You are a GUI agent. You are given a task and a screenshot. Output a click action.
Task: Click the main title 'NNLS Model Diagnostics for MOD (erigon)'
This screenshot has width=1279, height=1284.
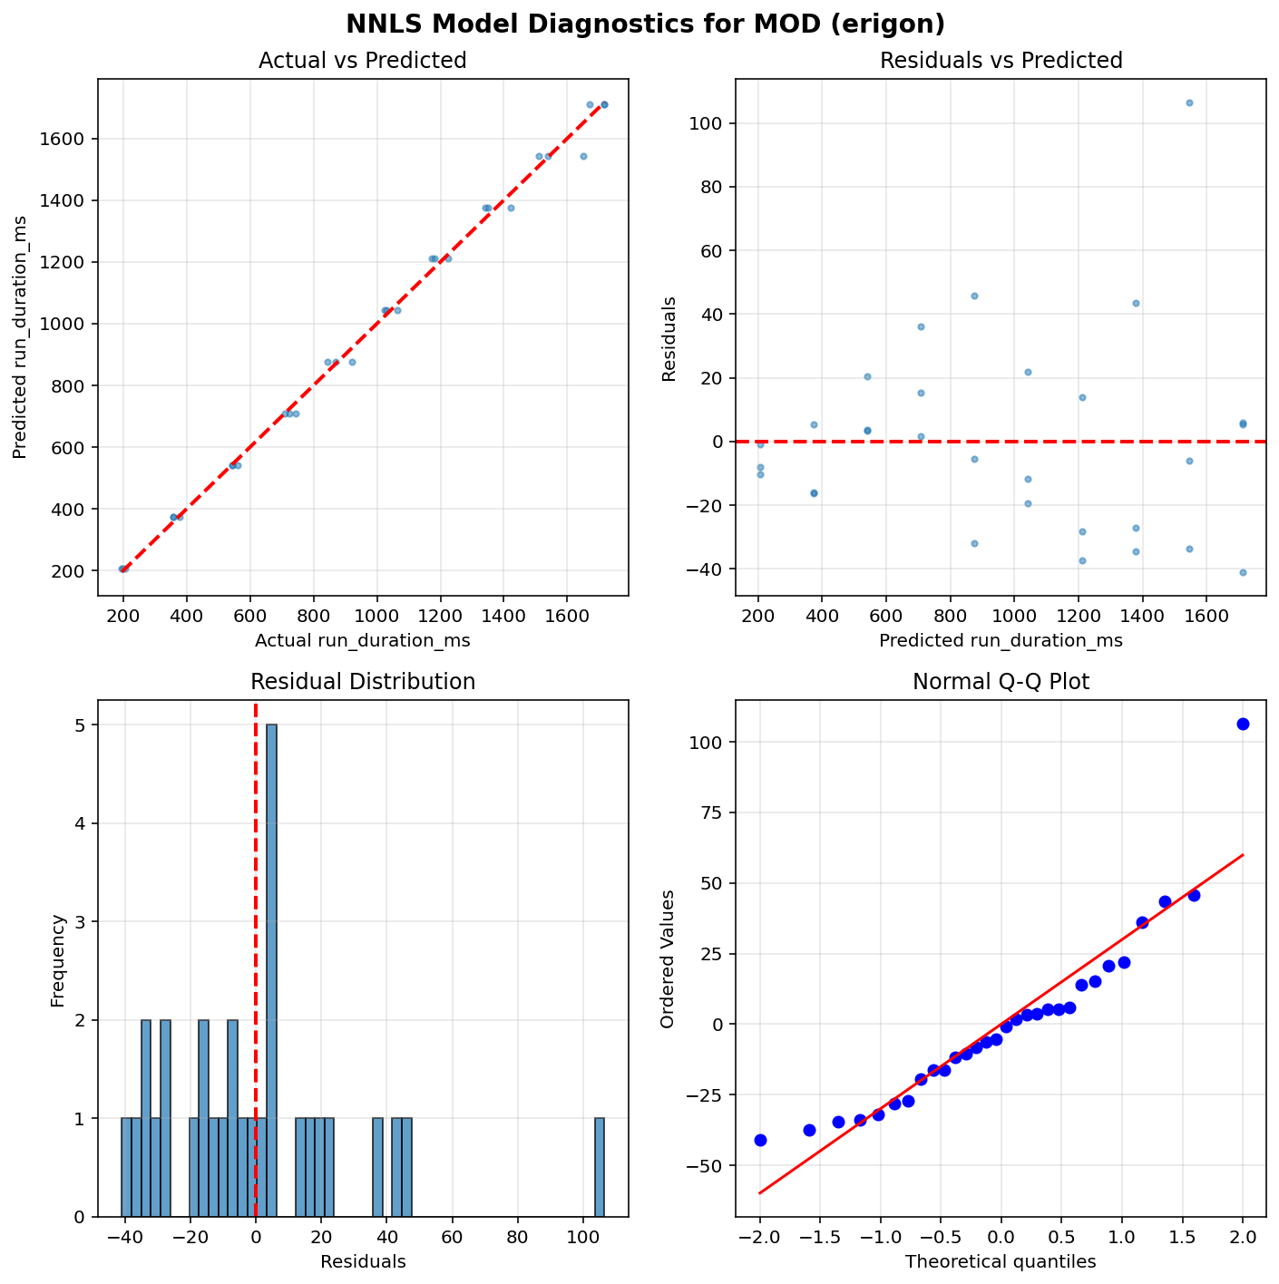click(x=639, y=24)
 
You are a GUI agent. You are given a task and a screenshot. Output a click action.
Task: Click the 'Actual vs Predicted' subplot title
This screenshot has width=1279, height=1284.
click(x=362, y=61)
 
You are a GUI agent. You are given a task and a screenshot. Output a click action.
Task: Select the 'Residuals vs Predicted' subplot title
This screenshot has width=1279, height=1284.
click(x=1001, y=61)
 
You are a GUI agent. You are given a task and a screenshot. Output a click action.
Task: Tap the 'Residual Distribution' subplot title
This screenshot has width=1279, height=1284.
click(x=362, y=682)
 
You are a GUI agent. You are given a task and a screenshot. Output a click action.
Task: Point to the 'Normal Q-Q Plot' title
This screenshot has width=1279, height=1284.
click(x=1001, y=682)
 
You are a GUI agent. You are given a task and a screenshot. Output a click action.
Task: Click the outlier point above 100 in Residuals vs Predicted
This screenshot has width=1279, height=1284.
click(x=1189, y=102)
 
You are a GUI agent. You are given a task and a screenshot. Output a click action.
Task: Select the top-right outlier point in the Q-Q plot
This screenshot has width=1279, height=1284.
click(x=1243, y=724)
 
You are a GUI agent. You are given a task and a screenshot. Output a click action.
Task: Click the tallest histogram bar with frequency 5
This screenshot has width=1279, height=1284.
click(x=271, y=970)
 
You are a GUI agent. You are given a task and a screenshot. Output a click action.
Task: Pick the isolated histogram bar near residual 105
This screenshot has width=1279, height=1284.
click(x=600, y=1167)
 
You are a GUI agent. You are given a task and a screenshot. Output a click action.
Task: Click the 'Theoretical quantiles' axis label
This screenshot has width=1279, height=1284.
click(x=1001, y=1261)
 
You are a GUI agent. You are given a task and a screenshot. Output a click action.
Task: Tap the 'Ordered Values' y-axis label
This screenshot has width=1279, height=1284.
click(x=669, y=958)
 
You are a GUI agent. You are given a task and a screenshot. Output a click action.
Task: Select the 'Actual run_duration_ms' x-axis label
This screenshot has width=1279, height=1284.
click(x=362, y=640)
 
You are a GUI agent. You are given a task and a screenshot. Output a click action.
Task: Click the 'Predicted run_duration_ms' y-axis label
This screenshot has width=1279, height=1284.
click(x=20, y=337)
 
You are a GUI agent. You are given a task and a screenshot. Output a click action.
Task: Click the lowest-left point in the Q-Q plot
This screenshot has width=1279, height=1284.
click(x=760, y=1140)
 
